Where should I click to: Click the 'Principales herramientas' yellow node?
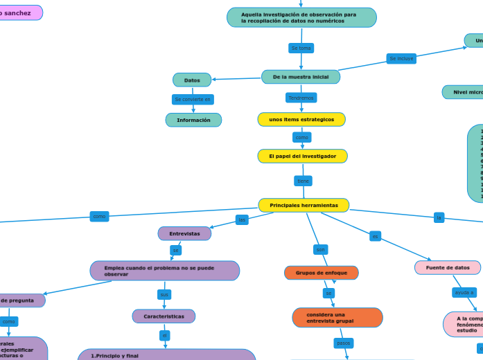304,206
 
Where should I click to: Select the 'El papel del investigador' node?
302,156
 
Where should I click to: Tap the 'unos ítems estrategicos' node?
301,120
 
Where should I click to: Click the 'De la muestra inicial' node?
301,77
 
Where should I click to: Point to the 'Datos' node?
192,80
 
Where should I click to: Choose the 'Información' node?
193,120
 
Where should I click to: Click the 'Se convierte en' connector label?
193,100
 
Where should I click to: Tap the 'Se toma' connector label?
301,48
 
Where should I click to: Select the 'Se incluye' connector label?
401,59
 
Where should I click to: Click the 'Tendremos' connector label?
301,98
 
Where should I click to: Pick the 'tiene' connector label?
303,181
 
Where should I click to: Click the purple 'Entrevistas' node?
184,234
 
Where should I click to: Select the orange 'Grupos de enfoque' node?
321,273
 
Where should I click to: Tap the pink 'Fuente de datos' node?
448,268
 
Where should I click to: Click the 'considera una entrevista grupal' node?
337,318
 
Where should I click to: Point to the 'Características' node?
164,316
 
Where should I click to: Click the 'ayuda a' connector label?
464,293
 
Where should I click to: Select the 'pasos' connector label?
343,343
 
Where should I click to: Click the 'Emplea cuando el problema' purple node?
165,271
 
